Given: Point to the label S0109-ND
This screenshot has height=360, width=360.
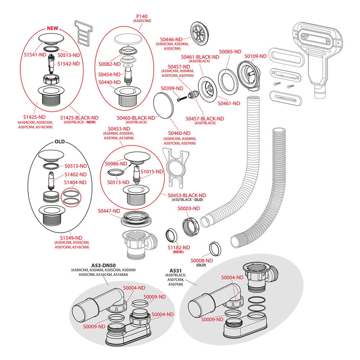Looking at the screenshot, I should tap(255, 56).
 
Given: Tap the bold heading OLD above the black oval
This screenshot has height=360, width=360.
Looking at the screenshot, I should tap(60, 141).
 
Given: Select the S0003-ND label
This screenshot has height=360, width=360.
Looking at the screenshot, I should tap(189, 208).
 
